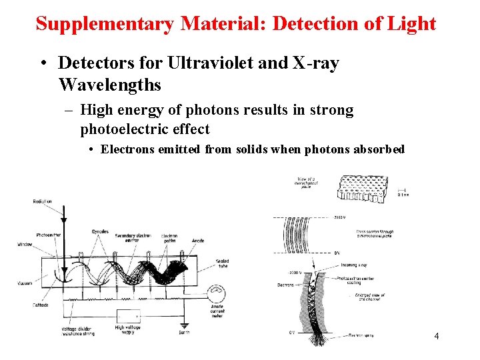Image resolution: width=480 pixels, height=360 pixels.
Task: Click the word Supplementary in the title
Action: click(105, 25)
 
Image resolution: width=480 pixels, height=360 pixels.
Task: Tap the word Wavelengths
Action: click(110, 85)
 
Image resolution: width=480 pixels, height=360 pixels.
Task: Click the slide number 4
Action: click(436, 336)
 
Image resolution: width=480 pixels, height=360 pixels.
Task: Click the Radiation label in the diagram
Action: click(43, 202)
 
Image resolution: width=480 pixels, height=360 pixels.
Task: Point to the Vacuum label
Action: click(25, 283)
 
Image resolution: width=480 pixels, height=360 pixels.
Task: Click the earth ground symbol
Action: click(183, 326)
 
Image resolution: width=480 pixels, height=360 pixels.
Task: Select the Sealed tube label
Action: click(223, 264)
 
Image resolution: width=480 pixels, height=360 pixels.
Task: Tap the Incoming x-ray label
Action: click(353, 264)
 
